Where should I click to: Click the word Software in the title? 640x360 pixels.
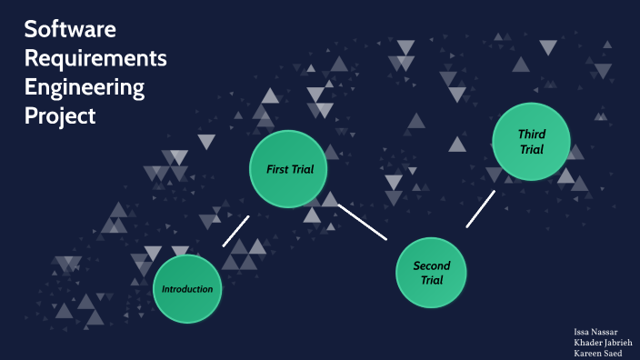(x=70, y=29)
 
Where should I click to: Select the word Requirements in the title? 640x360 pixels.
(x=95, y=58)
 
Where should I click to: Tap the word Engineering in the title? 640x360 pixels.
(x=85, y=87)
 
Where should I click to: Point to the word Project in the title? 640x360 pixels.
(x=60, y=116)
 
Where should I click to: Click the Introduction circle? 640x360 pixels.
(x=187, y=289)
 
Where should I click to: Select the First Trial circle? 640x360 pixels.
(x=288, y=168)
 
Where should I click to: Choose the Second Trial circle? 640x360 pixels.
(x=431, y=272)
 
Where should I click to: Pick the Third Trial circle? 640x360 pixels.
(x=531, y=142)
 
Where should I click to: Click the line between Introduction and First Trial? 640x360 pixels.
(x=235, y=231)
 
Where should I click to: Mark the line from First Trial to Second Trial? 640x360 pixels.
(x=363, y=221)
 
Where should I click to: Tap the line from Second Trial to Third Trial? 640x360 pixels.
(x=481, y=209)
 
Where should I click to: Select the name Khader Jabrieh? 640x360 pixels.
(x=598, y=343)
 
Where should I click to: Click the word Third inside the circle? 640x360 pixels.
(x=532, y=135)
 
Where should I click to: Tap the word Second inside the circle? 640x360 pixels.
(x=432, y=265)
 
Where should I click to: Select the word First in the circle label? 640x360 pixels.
(x=277, y=169)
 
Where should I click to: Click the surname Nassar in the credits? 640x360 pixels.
(x=605, y=332)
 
